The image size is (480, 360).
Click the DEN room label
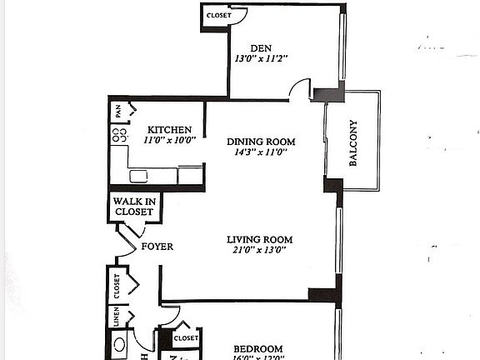tap(262, 48)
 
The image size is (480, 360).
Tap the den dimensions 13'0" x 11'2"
tap(262, 59)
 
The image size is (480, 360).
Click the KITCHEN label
tap(170, 130)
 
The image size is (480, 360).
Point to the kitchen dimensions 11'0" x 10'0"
tap(170, 140)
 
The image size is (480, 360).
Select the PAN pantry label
tap(118, 109)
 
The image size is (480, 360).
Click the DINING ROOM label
tap(262, 142)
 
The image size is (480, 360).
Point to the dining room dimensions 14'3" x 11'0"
tap(262, 152)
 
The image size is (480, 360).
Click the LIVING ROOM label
tap(260, 240)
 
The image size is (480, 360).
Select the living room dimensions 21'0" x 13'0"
tap(260, 251)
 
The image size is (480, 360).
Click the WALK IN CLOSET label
tap(133, 207)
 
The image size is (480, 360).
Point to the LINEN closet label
tap(116, 317)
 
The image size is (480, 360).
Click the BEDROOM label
tap(257, 348)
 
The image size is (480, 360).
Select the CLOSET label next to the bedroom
tap(186, 338)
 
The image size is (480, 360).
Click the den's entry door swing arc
tap(299, 88)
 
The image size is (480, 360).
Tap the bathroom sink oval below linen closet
tap(121, 344)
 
